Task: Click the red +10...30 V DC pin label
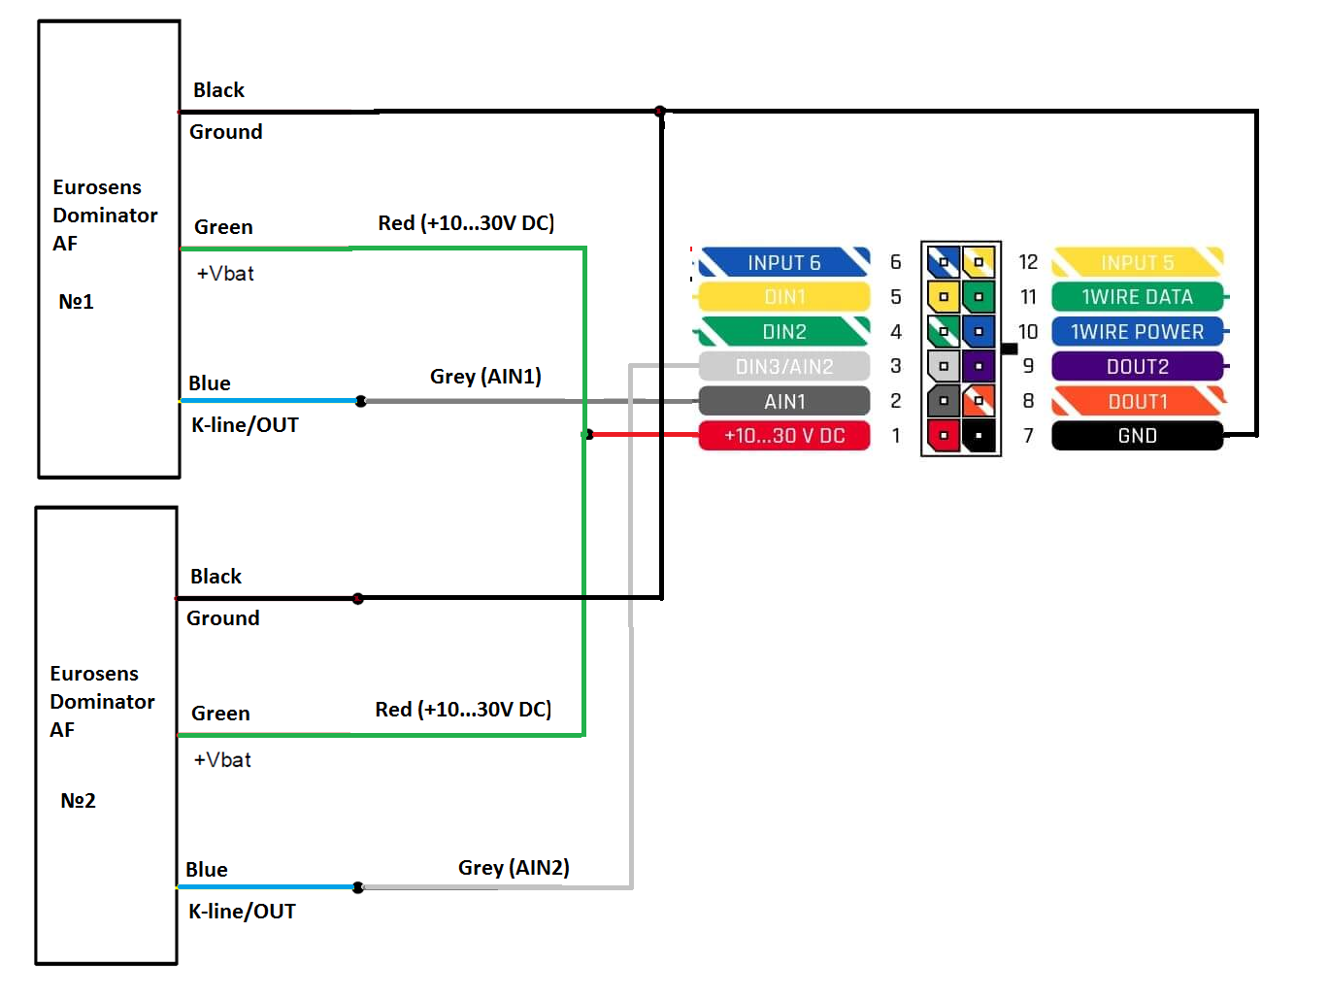(784, 436)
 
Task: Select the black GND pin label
(1137, 436)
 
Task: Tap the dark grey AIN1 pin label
(784, 401)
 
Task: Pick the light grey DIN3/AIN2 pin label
(784, 366)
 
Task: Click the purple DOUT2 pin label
(1137, 366)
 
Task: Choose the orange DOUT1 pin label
(1137, 401)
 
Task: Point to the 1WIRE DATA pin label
(1137, 297)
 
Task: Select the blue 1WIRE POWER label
(1137, 332)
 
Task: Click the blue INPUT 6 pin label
(784, 262)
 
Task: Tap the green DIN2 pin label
(784, 332)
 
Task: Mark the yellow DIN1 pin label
(784, 297)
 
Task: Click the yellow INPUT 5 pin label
(1137, 262)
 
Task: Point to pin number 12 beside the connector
(1028, 262)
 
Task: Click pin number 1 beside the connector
(896, 436)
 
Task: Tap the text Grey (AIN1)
(485, 377)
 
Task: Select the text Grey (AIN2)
(514, 868)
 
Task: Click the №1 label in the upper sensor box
(77, 302)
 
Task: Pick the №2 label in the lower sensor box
(79, 801)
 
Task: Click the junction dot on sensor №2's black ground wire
(358, 598)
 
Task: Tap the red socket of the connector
(943, 436)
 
